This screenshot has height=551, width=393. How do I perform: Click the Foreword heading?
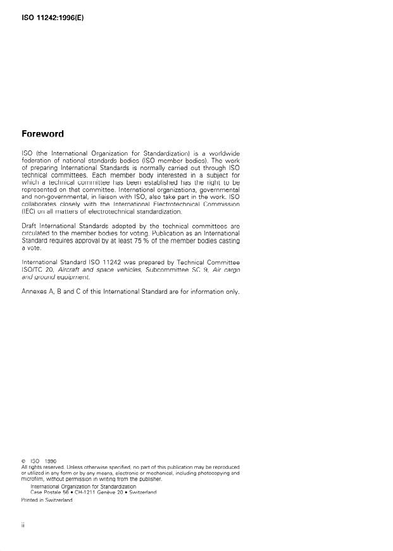(46, 134)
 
